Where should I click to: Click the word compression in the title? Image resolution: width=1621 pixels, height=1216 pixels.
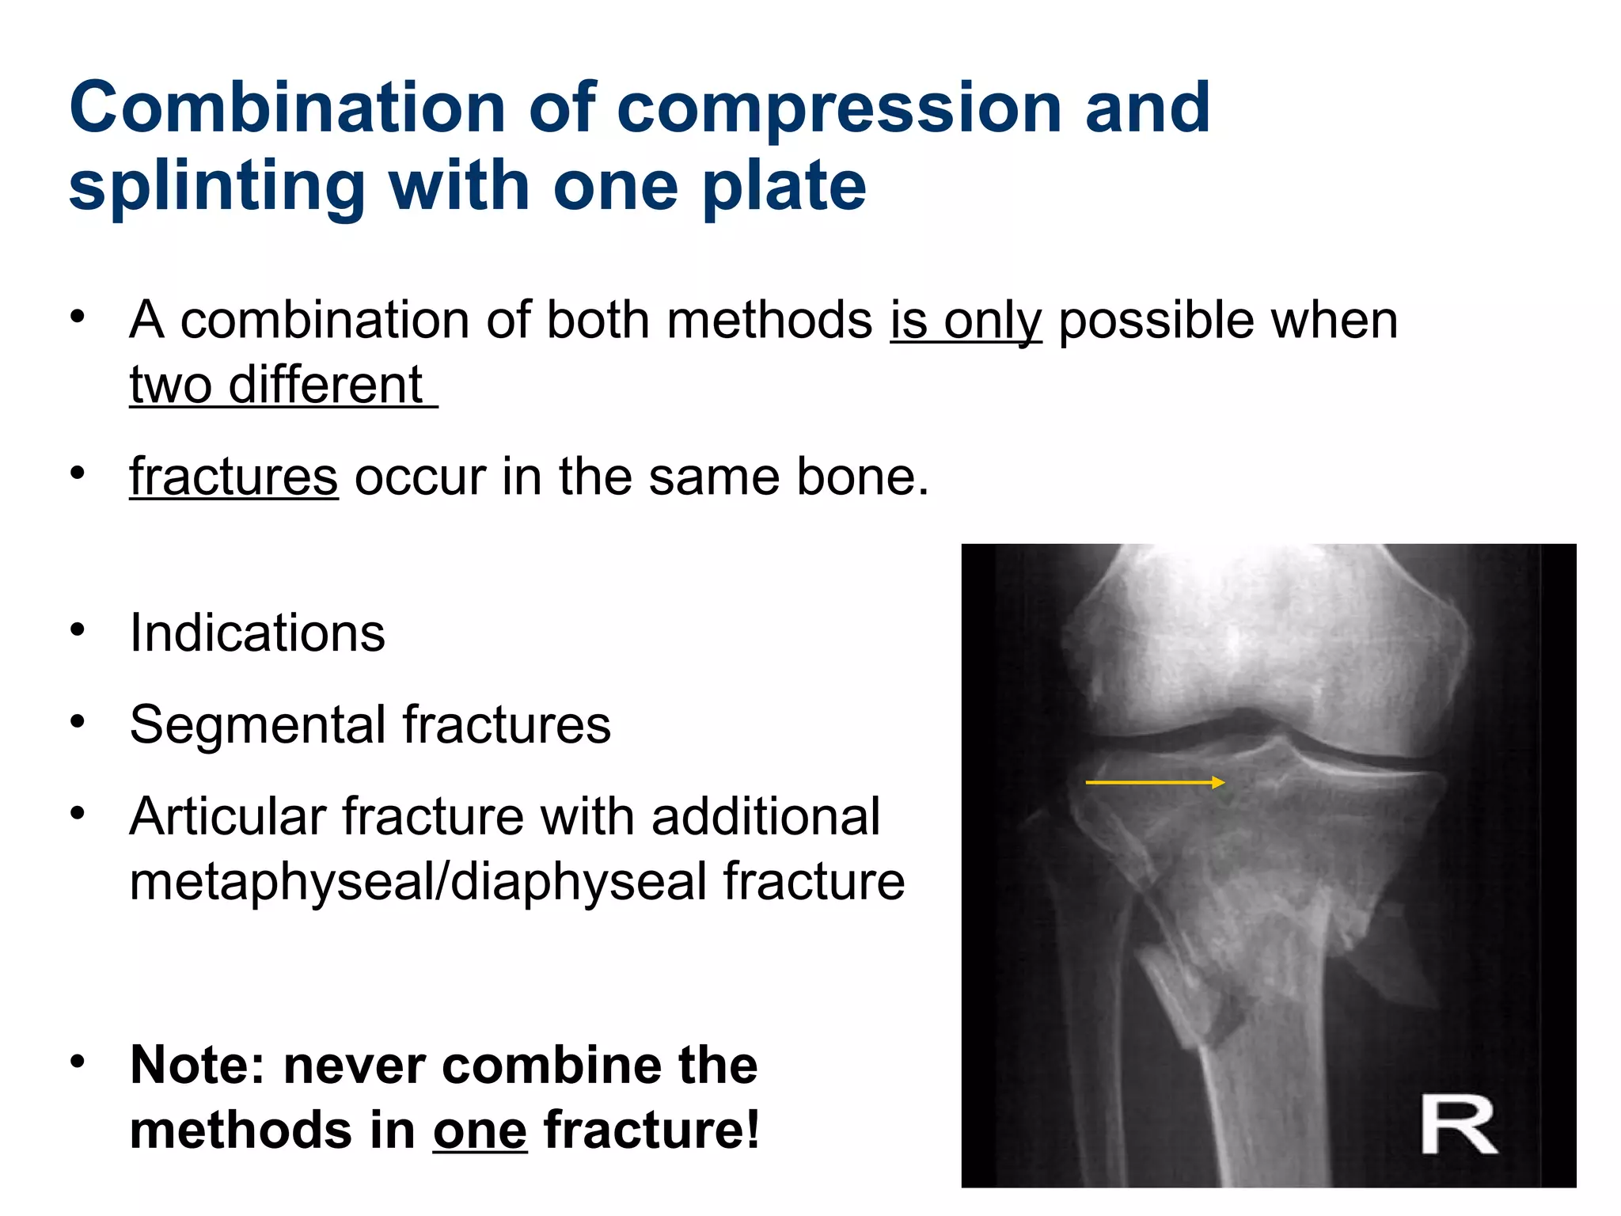click(840, 109)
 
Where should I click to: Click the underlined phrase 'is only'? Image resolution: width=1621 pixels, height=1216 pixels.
click(966, 321)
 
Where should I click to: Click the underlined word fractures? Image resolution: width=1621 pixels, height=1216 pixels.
click(233, 477)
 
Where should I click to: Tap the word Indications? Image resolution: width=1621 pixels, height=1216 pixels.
click(257, 633)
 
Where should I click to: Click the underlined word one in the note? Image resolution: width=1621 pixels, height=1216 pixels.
click(480, 1130)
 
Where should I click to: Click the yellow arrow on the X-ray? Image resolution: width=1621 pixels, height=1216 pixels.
click(1155, 782)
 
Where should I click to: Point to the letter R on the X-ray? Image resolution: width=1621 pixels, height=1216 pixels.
click(1458, 1124)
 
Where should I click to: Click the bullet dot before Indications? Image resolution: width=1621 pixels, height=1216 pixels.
click(77, 630)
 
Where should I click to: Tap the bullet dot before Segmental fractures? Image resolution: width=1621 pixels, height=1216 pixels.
click(77, 722)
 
